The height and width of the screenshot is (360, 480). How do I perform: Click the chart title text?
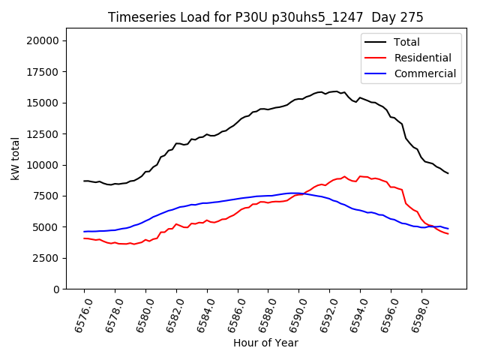coord(265,17)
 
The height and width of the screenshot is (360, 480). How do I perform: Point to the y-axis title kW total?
coord(16,158)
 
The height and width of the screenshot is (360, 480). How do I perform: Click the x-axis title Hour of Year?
coord(265,343)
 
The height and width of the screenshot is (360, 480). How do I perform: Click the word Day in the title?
coord(383,17)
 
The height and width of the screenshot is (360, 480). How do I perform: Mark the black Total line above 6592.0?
coord(329,91)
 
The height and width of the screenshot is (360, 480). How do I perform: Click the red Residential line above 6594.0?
coord(360,176)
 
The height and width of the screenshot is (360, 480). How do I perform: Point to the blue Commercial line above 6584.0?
coord(207,202)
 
